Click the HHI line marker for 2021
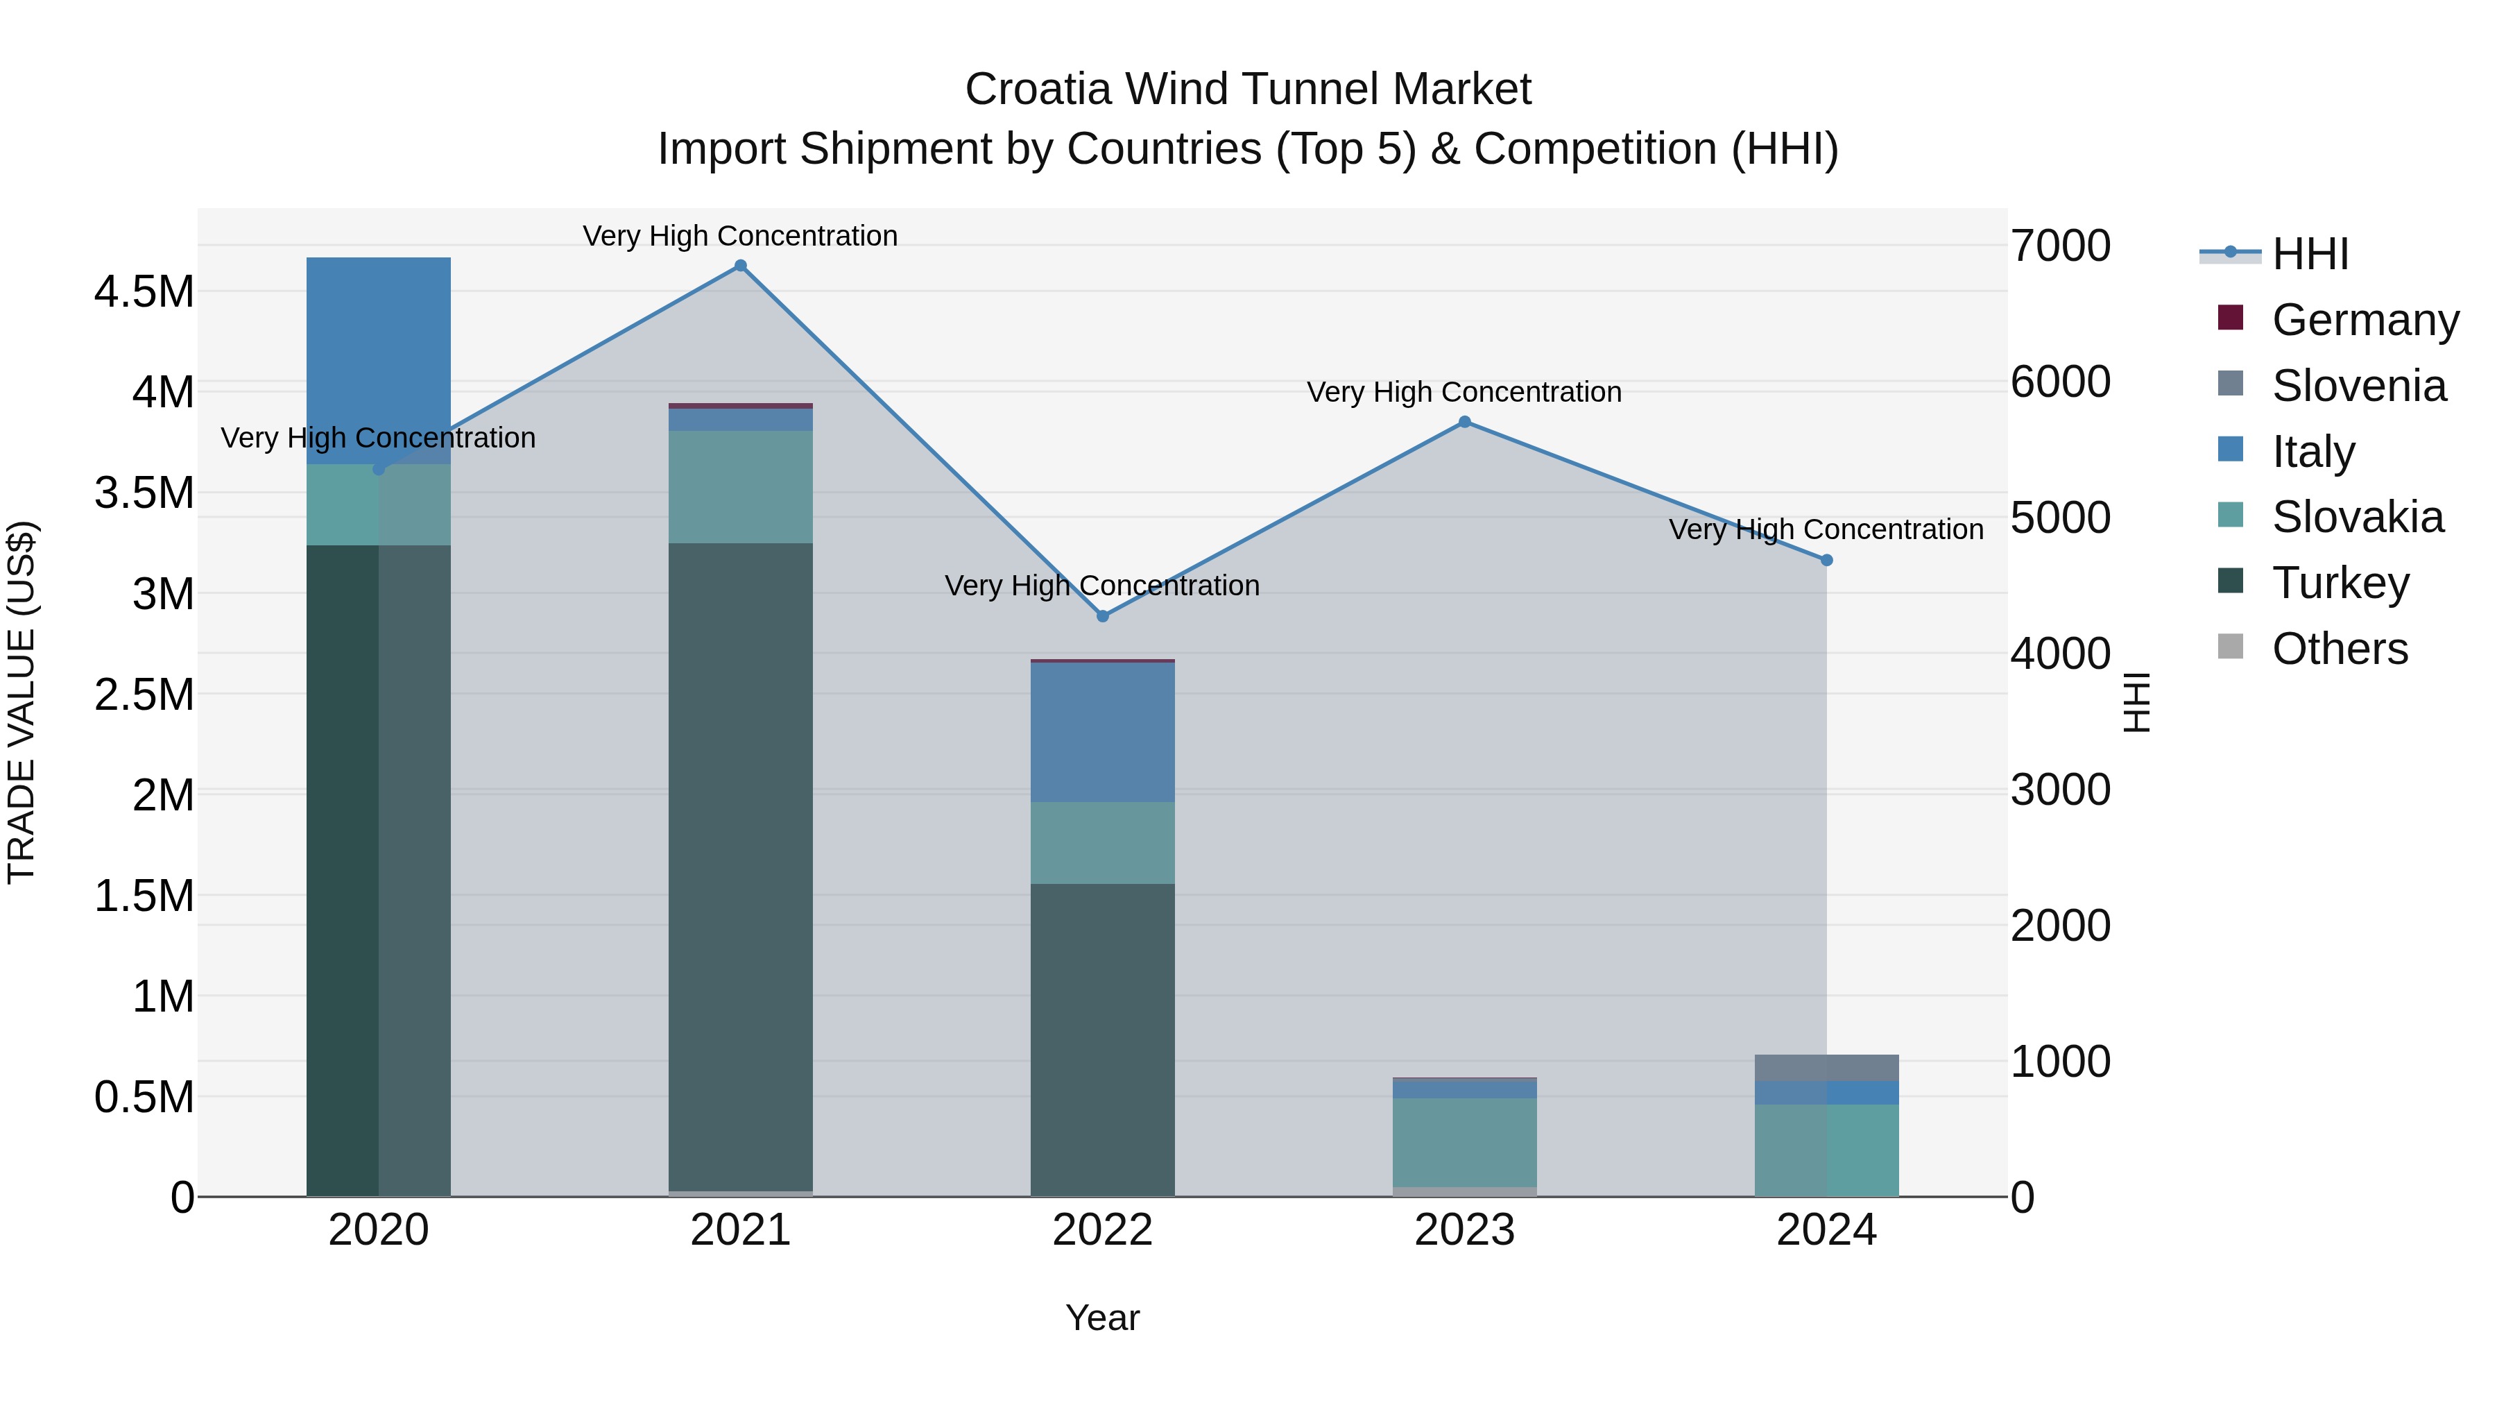pos(741,266)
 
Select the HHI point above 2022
pos(1102,615)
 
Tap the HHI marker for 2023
pos(1465,422)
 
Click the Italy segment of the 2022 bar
pos(1102,732)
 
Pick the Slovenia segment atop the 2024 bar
pos(1826,1068)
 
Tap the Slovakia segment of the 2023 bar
pos(1465,1142)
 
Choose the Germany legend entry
pos(2365,320)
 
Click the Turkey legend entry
pos(2340,583)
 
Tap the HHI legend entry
pos(2310,254)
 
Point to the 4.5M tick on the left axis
pos(144,291)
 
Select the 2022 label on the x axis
pos(1102,1230)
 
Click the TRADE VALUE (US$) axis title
pos(22,702)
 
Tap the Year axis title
pos(1102,1318)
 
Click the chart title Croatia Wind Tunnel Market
pos(1248,90)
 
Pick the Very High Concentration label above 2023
pos(1464,392)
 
